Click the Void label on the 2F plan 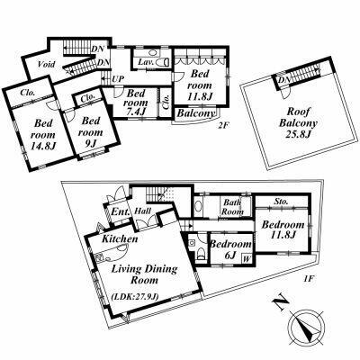[47, 64]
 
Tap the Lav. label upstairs [146, 62]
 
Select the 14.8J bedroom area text [43, 146]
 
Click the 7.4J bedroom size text [137, 112]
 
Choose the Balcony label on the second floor [196, 113]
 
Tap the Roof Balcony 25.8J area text [298, 133]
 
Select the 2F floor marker [223, 126]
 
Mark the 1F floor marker [308, 278]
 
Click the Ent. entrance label [121, 211]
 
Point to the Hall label [142, 211]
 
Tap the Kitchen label [120, 238]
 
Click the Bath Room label [232, 207]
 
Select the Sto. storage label [282, 202]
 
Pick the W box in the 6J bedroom [247, 258]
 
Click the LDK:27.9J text [134, 297]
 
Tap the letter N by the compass [281, 303]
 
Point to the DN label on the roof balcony [283, 80]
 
